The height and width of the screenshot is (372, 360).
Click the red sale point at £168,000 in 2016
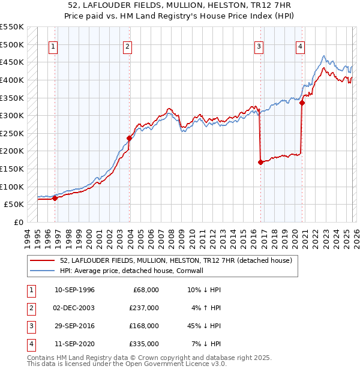click(x=260, y=162)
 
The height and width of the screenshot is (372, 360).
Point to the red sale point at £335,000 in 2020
click(x=302, y=103)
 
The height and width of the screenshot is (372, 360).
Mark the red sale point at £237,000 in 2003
click(x=129, y=137)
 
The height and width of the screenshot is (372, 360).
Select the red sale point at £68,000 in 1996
click(x=55, y=197)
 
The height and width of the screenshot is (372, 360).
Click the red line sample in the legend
click(x=43, y=260)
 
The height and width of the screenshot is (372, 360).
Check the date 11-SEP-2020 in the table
click(x=74, y=344)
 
